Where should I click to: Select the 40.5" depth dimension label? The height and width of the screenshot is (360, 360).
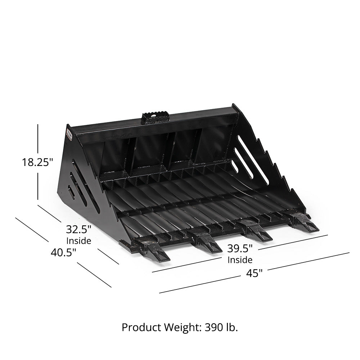tap(63, 252)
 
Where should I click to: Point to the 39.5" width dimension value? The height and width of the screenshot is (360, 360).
tap(240, 248)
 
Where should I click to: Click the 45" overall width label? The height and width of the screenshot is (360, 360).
tap(254, 274)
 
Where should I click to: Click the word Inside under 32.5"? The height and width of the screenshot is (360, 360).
tap(79, 240)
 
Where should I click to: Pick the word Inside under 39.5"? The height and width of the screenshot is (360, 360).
tap(240, 260)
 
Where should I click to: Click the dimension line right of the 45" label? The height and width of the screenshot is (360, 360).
tap(308, 261)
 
